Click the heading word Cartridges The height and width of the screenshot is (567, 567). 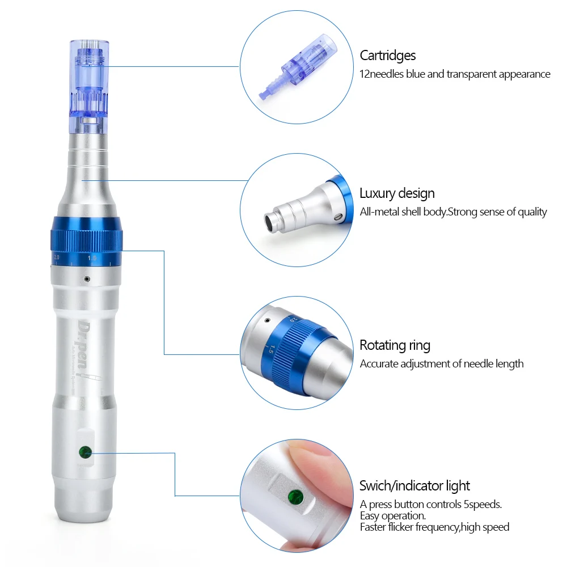coord(388,56)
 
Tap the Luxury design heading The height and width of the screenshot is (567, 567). coord(397,193)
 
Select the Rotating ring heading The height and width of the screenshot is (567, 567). coord(395,345)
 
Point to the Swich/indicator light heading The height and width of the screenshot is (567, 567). coord(414,486)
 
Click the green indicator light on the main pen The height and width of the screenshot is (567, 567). coord(85,452)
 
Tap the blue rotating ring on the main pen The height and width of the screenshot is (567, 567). coord(86,240)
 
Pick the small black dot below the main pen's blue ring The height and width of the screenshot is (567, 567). coord(86,278)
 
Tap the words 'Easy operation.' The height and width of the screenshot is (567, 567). coord(393,516)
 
